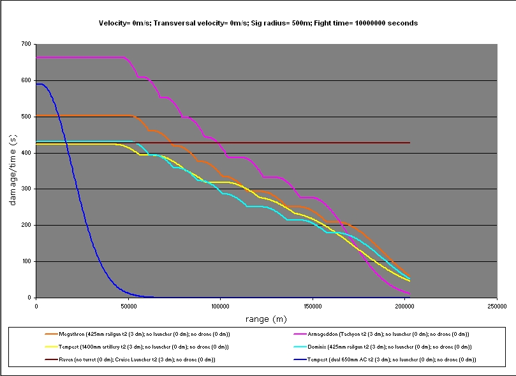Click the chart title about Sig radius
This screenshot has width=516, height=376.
[258, 23]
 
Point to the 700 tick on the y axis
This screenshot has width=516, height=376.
[26, 44]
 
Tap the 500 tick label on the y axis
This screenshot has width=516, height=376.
[26, 117]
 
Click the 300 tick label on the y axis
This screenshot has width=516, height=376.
[26, 189]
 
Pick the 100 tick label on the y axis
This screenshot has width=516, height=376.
[26, 261]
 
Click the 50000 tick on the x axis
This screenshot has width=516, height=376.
[128, 306]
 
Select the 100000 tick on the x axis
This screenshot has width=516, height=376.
[220, 306]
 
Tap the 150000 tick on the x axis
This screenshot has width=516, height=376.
[313, 306]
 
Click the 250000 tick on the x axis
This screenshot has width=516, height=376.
[497, 306]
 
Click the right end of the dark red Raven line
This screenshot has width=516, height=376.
[409, 143]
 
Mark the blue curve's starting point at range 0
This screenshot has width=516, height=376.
[37, 84]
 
